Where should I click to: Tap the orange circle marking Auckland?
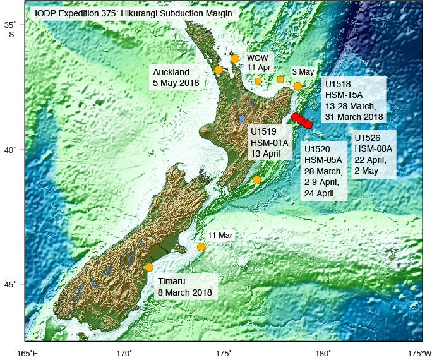click(x=219, y=70)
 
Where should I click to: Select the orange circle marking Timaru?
click(x=149, y=267)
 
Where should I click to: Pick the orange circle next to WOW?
click(x=234, y=59)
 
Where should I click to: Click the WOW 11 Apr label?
click(x=258, y=62)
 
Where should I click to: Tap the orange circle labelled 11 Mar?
click(x=201, y=247)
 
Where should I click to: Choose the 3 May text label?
click(x=303, y=72)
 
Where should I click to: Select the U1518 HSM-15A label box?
click(x=353, y=100)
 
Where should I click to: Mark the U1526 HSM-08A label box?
click(x=373, y=154)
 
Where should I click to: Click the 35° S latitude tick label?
click(x=12, y=28)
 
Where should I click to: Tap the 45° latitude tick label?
click(x=12, y=284)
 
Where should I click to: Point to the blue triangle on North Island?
click(x=242, y=118)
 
